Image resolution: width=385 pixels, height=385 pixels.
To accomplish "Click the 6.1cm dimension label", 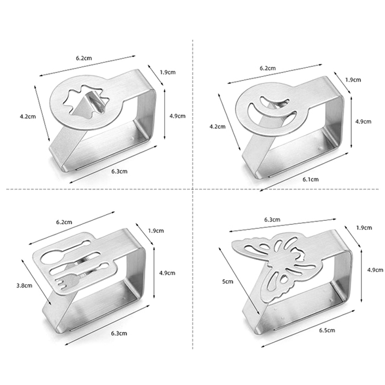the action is coord(310,179).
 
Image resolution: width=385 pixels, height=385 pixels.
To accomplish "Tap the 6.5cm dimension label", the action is coord(327,330).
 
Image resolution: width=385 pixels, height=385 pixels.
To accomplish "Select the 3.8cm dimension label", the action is coord(25,285).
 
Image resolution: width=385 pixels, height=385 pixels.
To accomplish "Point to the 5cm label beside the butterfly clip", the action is coord(228,282).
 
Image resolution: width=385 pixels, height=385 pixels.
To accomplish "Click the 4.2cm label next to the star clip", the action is coord(28,116).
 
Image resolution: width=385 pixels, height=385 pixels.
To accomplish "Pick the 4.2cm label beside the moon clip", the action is coord(218,127).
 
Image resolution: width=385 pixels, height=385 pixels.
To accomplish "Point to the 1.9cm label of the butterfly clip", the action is coord(364,228).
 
